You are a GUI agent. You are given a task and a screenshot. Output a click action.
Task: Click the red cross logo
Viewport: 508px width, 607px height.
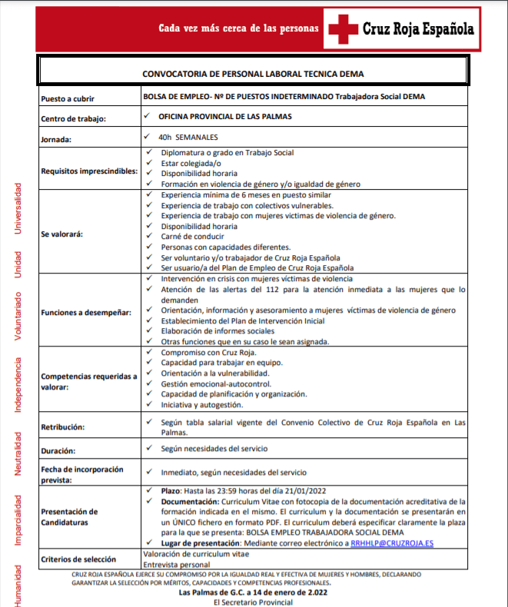[343, 30]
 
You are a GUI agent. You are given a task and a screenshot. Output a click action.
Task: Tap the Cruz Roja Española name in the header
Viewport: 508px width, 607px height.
[418, 29]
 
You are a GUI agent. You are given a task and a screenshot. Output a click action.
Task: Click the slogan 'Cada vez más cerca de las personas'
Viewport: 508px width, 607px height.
[238, 28]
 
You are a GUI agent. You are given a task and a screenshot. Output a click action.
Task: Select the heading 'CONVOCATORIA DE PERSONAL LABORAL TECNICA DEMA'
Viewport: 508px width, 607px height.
[253, 75]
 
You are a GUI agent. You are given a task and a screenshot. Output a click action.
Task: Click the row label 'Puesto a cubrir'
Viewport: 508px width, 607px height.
[68, 98]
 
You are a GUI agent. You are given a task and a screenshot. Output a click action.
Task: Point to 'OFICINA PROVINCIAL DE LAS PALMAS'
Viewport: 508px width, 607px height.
[224, 117]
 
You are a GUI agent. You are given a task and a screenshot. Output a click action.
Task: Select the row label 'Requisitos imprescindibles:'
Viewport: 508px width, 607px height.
[88, 168]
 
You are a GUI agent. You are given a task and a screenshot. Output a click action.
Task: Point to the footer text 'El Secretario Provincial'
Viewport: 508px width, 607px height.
[253, 602]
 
